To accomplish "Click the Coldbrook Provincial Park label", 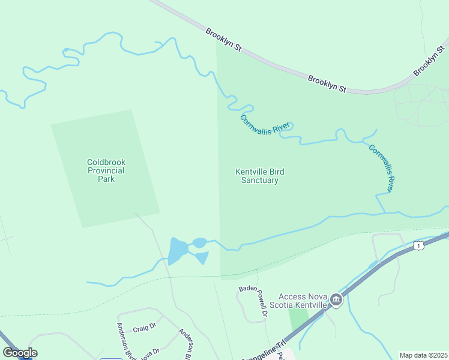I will (x=106, y=170).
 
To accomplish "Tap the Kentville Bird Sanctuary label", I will (x=259, y=176).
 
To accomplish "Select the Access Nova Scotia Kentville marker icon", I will (x=336, y=301).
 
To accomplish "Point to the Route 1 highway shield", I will (x=419, y=245).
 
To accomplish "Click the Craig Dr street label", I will (x=144, y=328).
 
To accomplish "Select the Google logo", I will (x=20, y=353).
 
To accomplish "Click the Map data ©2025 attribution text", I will (x=423, y=355).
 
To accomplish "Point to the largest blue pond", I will (x=177, y=251).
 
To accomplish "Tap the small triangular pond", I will (x=202, y=257).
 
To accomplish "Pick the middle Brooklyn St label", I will (x=327, y=83).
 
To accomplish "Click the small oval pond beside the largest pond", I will (x=200, y=242).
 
